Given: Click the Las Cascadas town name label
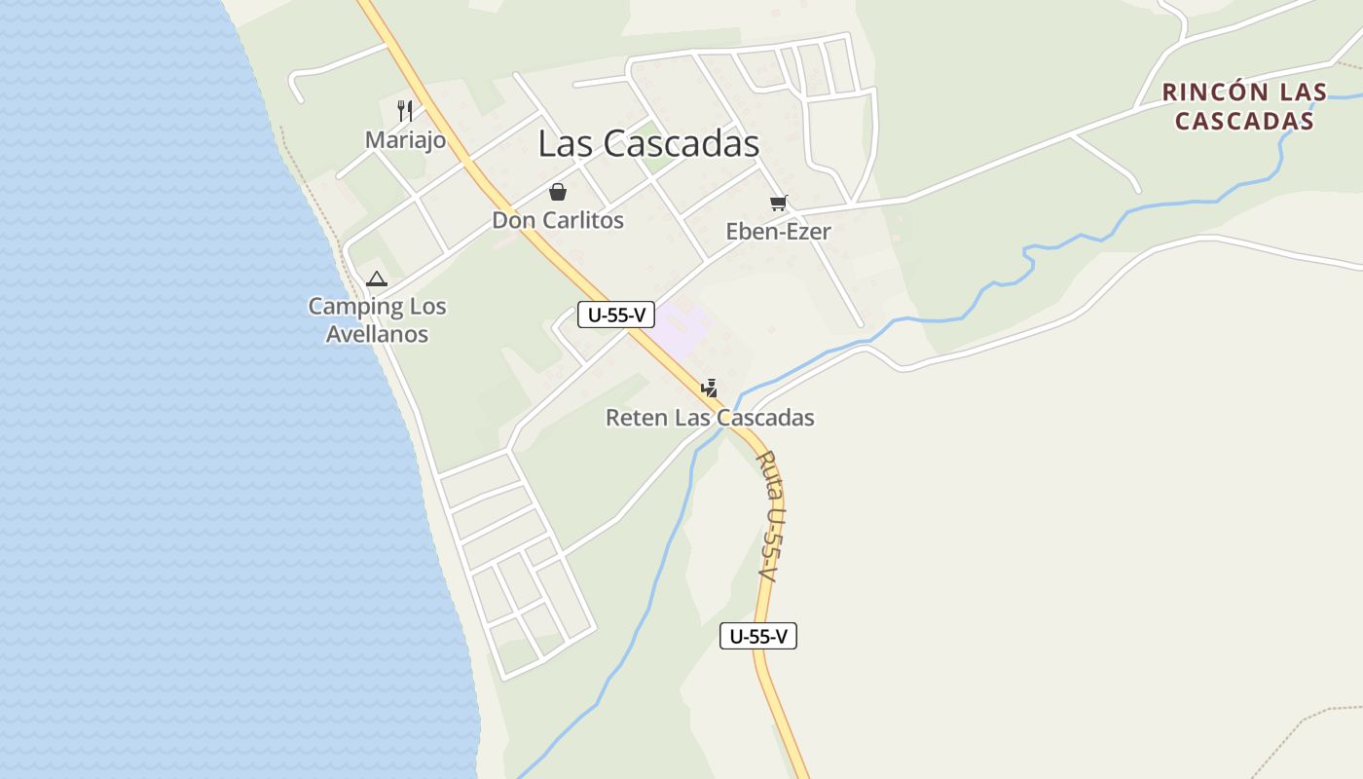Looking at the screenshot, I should (x=648, y=143).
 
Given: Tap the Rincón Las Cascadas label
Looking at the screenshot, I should (x=1244, y=106).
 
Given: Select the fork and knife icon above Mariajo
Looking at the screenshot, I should (x=405, y=110).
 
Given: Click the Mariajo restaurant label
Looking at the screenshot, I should (x=405, y=140).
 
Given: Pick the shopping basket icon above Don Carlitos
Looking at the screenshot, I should (x=558, y=191).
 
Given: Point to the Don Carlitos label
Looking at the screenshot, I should (x=558, y=220).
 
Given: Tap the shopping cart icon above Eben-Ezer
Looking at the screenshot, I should (x=778, y=203).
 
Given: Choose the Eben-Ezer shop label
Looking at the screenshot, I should (x=778, y=232).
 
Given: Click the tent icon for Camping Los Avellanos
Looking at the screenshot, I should (x=377, y=279).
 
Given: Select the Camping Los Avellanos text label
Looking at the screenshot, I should (x=377, y=319).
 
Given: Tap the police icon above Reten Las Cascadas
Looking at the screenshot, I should (x=710, y=389).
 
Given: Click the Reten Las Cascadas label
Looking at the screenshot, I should (x=710, y=418).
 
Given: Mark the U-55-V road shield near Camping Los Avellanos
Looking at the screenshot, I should (x=615, y=315).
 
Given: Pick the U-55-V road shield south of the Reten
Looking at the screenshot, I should (x=757, y=636).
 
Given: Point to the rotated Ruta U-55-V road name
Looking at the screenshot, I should (x=770, y=516).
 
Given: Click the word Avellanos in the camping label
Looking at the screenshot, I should (x=377, y=334).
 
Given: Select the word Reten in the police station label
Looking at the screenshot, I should (x=636, y=418).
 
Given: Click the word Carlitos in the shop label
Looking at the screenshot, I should (x=583, y=220).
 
